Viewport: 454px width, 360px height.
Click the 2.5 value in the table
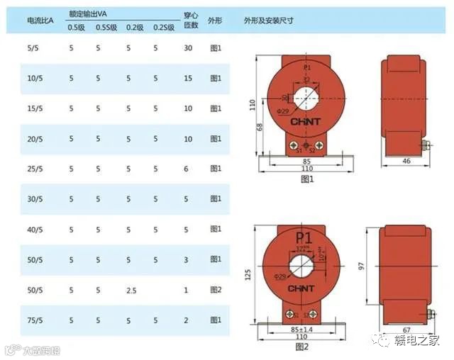pos(132,291)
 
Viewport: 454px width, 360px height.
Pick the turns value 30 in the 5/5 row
pos(188,48)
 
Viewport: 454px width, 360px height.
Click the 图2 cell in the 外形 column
pos(216,291)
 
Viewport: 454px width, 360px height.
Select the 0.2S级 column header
pos(164,27)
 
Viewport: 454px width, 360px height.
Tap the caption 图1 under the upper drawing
pos(307,180)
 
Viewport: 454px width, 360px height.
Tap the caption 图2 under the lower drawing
pos(303,347)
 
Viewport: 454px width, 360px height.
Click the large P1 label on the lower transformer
pos(304,237)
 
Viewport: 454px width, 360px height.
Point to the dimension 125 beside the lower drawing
pos(248,275)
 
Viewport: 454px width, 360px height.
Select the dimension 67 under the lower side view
pos(407,330)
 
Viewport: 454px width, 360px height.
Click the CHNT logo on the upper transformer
pos(306,121)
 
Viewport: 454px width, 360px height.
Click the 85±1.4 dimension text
pos(301,330)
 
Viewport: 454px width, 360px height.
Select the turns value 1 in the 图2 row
pos(186,291)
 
